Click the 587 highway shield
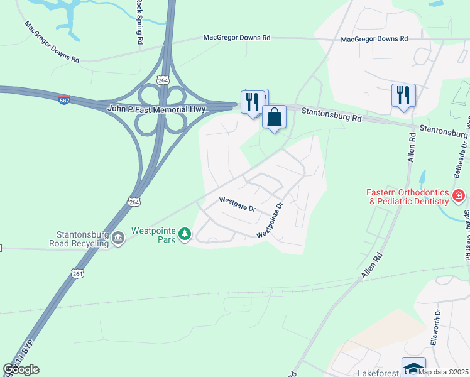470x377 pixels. (65, 99)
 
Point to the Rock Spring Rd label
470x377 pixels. (139, 22)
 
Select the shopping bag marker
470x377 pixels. (275, 117)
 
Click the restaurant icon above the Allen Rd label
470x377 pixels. (402, 96)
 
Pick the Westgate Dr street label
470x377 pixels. (237, 204)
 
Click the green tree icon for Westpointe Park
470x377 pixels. (184, 234)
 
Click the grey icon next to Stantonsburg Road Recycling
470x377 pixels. (117, 238)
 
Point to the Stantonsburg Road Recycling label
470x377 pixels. (78, 238)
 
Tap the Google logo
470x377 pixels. (21, 369)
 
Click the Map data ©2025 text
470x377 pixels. (444, 371)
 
